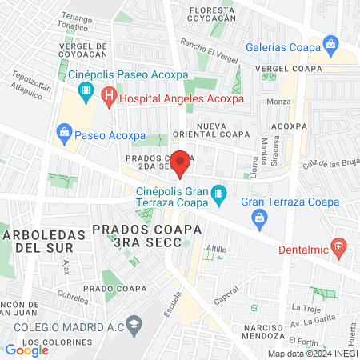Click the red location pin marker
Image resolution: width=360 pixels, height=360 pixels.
[x=181, y=162]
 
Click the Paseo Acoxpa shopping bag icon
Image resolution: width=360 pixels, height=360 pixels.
[x=62, y=132]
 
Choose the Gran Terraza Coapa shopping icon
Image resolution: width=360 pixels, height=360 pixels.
[x=258, y=217]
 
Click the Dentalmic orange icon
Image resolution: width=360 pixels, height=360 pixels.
[x=339, y=247]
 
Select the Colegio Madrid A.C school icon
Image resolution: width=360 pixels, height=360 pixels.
[x=134, y=323]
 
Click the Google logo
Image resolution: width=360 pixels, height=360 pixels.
[x=26, y=350]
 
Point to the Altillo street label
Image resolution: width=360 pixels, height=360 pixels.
[x=216, y=250]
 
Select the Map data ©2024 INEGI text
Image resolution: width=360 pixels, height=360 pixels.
[x=311, y=354]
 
